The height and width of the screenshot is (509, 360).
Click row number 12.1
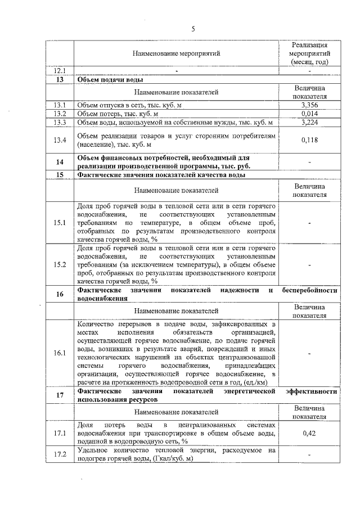point(60,71)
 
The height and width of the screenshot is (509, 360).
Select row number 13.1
point(60,105)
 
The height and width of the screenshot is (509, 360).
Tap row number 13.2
point(60,114)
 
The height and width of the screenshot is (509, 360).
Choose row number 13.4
point(60,139)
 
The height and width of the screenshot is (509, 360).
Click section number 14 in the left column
point(60,162)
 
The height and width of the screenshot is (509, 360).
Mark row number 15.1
point(60,223)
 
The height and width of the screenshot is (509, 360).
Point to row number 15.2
point(60,264)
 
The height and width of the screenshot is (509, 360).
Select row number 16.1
point(60,353)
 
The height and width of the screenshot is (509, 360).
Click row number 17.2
point(60,454)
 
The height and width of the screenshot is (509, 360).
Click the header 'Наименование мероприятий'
point(176,53)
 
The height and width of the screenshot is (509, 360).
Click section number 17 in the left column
point(60,394)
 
